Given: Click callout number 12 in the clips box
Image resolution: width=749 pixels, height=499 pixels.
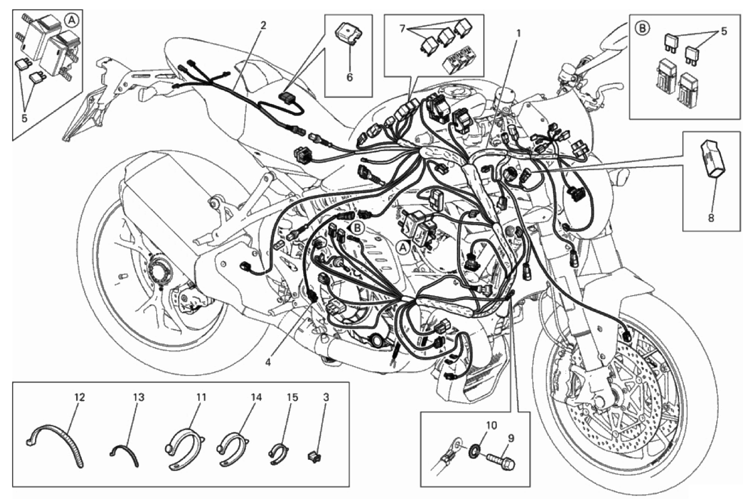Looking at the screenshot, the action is point(80,397).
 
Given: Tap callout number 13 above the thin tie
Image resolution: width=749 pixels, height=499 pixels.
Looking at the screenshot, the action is point(139,397).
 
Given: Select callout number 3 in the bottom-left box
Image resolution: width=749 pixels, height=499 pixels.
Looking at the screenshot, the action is point(326,397).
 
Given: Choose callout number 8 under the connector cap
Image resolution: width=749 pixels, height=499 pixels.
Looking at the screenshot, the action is point(711,218).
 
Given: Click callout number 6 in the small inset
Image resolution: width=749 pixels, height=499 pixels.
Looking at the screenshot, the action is point(349,77).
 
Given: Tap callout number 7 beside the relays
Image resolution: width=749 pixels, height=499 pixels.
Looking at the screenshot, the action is point(404,29).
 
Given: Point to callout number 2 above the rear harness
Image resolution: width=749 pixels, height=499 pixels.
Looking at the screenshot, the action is point(264,26).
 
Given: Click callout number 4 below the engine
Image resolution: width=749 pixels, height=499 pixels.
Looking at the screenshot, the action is point(268,362).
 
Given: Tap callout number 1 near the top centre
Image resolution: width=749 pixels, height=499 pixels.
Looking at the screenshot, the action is point(519,33).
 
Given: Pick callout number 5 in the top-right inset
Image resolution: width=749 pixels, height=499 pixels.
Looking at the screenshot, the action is point(723,31).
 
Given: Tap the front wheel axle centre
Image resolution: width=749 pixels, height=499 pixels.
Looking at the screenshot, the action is point(602,401).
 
